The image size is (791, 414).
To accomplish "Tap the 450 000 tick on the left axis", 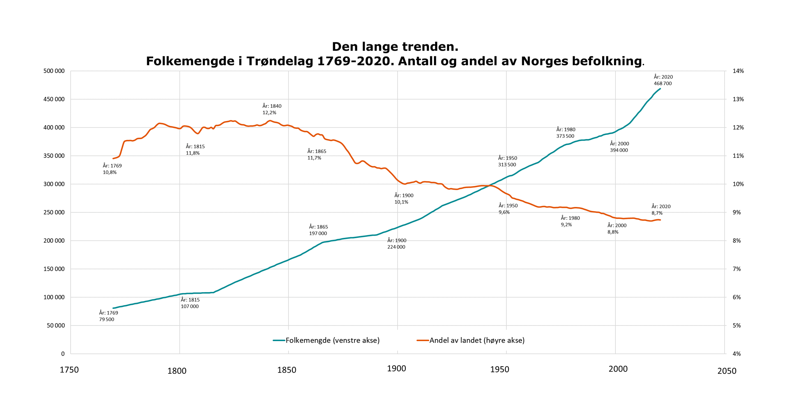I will (x=54, y=99).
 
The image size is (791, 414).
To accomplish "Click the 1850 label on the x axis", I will (x=287, y=370).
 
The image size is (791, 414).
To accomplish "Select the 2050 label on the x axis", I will (x=727, y=371).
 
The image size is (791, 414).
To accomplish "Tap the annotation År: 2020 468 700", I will (x=663, y=80).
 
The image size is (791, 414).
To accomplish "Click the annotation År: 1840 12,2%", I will (x=272, y=109).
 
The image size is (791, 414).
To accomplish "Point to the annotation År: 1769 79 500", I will (x=108, y=316).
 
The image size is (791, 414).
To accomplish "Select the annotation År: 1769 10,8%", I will (x=112, y=169).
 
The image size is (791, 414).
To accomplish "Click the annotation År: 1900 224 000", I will (x=396, y=244).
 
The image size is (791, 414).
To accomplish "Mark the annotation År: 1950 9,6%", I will (x=508, y=209).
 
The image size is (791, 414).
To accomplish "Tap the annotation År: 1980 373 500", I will (x=565, y=133).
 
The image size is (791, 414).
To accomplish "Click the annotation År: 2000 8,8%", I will (x=616, y=229).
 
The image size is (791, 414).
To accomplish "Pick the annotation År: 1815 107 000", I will (x=190, y=303).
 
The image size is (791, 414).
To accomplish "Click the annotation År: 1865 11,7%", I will (x=316, y=154).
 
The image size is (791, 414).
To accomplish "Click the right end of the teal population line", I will (x=660, y=89).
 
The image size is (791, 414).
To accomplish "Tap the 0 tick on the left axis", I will (x=63, y=354).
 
